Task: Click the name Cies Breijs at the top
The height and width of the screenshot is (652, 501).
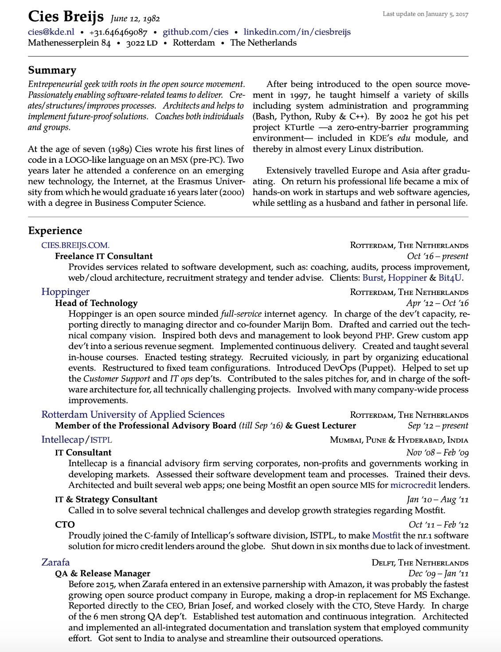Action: [x=66, y=16]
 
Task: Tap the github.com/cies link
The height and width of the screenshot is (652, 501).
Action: [x=196, y=32]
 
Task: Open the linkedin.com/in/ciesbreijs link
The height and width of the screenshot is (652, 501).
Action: [x=297, y=32]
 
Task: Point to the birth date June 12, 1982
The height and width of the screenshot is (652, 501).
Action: [x=135, y=19]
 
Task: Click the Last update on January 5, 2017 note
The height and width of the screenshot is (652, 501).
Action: [x=425, y=14]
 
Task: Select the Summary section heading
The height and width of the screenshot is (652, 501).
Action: [x=52, y=70]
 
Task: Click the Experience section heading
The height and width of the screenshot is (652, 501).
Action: [x=55, y=231]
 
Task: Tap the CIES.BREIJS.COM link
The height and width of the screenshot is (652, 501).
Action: [x=75, y=245]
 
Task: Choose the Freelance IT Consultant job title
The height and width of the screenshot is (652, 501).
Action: [x=104, y=256]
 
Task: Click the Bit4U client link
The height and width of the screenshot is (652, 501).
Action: [x=450, y=278]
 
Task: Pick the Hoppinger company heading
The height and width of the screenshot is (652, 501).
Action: [x=65, y=292]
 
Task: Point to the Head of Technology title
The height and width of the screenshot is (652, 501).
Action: [x=96, y=303]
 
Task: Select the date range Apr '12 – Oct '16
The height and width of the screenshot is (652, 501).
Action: [x=437, y=303]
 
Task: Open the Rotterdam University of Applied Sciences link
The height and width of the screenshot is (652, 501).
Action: [x=133, y=415]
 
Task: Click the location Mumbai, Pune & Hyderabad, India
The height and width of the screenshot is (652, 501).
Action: [x=399, y=440]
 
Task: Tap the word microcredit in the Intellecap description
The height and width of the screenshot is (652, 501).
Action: [x=413, y=485]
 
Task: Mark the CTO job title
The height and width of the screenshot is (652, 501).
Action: [x=65, y=525]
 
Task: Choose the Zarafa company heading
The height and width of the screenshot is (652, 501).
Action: [x=55, y=562]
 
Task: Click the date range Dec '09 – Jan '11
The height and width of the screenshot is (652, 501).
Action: [x=438, y=574]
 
